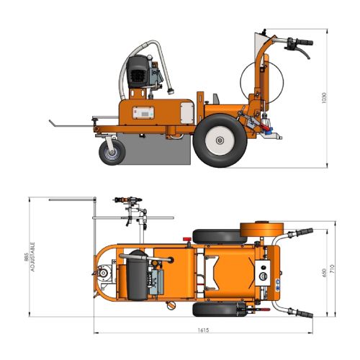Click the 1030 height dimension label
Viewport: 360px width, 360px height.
click(x=324, y=98)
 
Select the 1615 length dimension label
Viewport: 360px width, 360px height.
click(x=203, y=330)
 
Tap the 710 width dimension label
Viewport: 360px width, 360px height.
click(x=332, y=269)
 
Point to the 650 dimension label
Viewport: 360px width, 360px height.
click(x=324, y=273)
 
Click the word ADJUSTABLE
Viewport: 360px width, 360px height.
click(x=33, y=257)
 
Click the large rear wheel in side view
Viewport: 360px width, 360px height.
click(x=220, y=140)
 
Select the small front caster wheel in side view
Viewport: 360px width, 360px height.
click(x=112, y=152)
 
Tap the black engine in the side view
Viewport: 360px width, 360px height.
click(x=138, y=71)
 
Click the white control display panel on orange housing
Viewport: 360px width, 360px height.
click(x=143, y=112)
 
